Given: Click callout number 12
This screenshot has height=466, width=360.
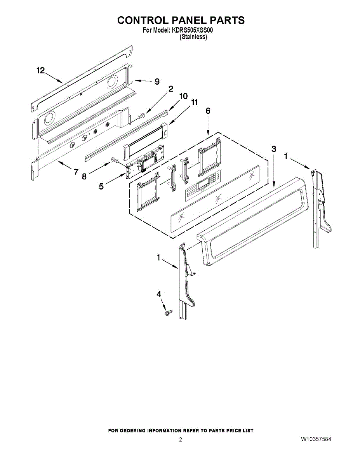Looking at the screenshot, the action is point(41,70).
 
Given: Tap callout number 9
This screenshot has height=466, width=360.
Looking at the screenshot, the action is point(157,82).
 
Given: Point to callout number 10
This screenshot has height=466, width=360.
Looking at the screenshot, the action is point(183,96).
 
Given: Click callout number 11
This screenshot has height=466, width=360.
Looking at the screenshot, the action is point(194,103).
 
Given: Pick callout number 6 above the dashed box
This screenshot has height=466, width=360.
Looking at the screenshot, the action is point(208,111).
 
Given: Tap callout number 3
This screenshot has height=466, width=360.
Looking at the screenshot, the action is point(274,149).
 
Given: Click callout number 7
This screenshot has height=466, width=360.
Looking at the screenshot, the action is point(76,172).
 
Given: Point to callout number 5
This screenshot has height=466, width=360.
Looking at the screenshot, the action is point(101,186).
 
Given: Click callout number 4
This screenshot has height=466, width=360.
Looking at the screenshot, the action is point(158,294).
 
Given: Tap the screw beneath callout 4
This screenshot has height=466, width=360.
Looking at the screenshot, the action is point(168,311).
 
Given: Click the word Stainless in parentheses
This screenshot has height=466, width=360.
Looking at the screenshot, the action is point(193,37).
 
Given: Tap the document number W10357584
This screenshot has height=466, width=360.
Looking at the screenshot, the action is point(316,439).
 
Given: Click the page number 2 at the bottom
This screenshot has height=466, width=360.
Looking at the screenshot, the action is point(180,440).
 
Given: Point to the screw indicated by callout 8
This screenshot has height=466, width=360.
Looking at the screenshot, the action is point(114,159).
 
